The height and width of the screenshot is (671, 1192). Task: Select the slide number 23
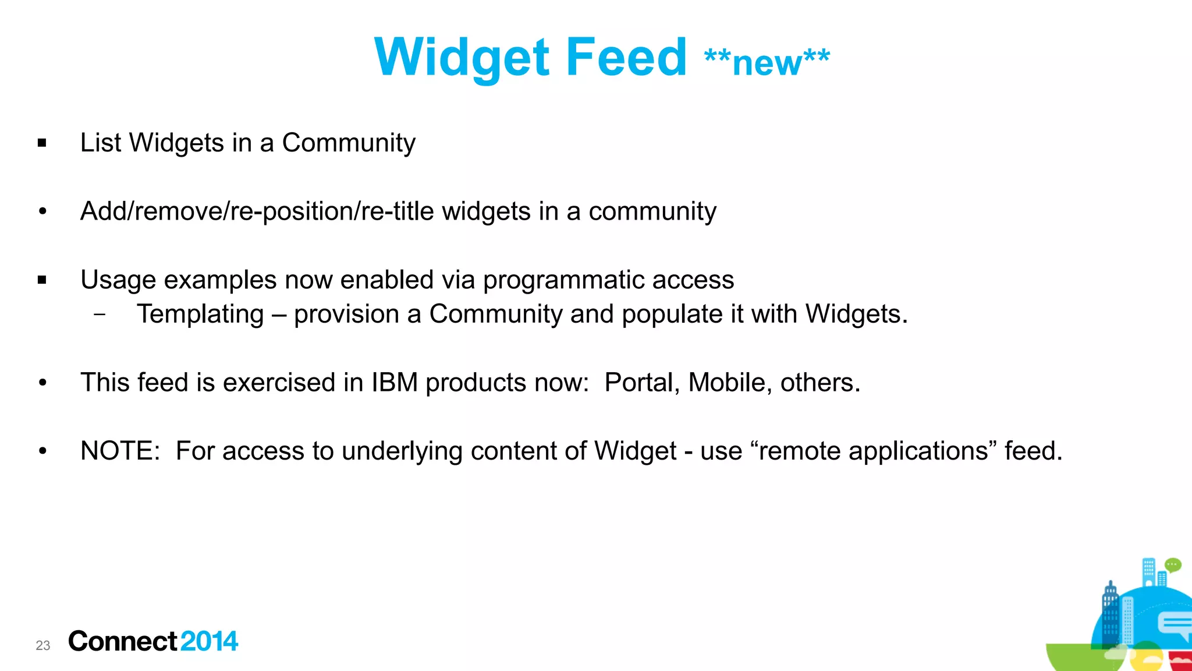[43, 645]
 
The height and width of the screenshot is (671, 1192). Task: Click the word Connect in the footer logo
[122, 641]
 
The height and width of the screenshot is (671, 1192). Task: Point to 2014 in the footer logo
[209, 641]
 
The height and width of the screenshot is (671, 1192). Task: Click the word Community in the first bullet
[349, 143]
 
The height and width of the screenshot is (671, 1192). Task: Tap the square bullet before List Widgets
[42, 143]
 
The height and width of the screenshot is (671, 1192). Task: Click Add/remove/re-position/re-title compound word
[257, 211]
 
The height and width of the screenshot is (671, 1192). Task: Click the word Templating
[200, 315]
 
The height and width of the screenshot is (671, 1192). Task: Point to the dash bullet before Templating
[100, 315]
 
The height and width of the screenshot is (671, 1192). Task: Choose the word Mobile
[729, 383]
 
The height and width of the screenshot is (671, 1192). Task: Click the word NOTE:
[120, 451]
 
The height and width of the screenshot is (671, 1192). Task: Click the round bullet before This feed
[42, 383]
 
